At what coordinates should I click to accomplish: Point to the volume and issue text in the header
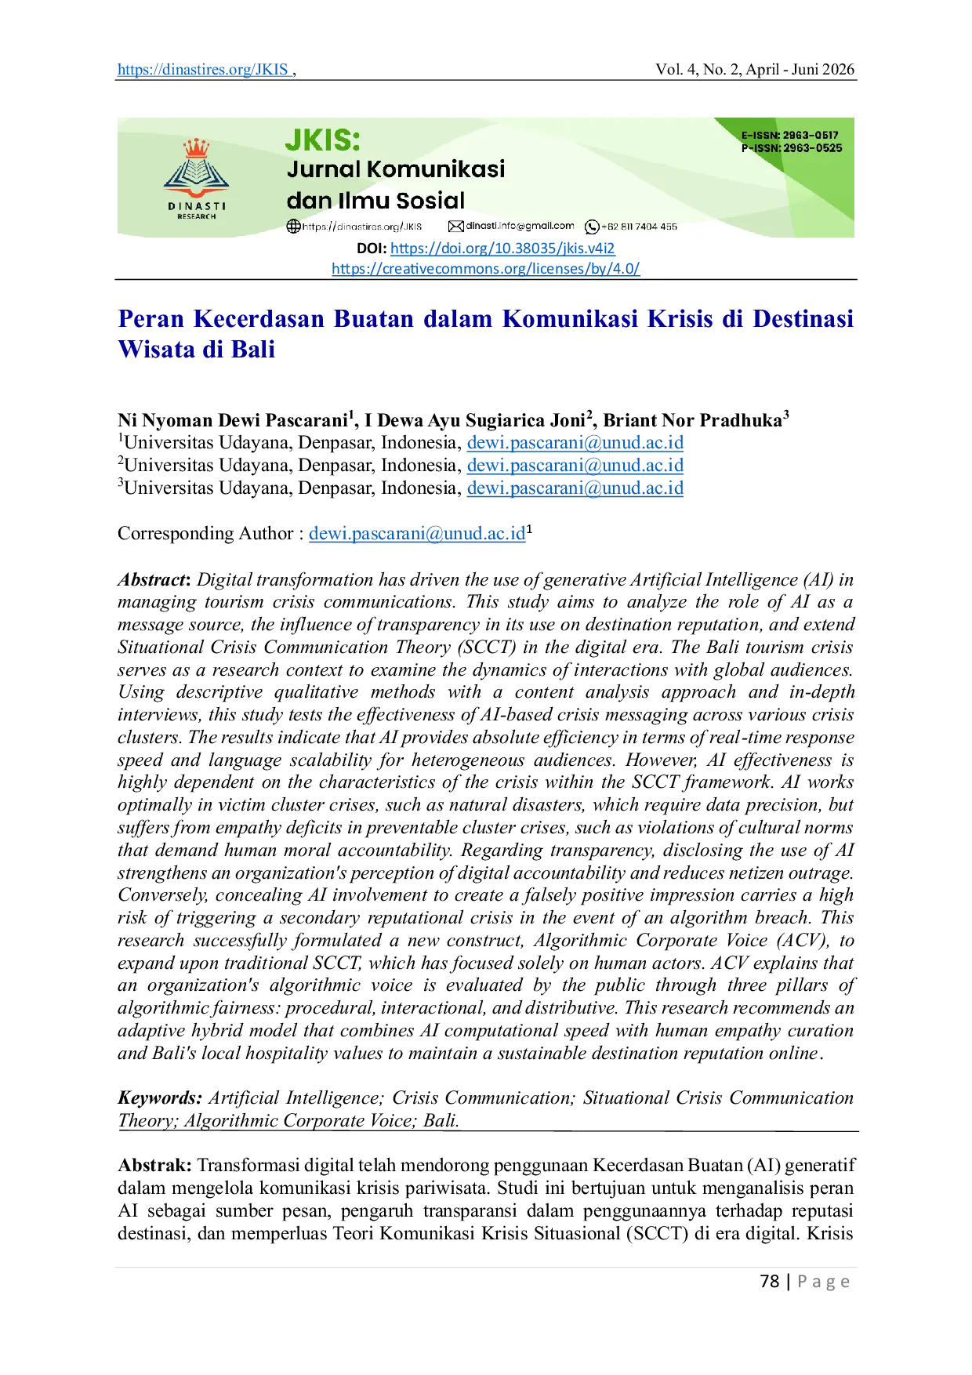point(755,69)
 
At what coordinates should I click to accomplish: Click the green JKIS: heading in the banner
point(322,140)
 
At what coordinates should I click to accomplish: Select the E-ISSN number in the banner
point(790,135)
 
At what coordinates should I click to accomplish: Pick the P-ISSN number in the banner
point(792,147)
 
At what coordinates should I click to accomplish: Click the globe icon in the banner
point(294,227)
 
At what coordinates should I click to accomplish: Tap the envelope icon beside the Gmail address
point(455,227)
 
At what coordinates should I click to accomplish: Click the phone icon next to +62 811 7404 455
point(593,227)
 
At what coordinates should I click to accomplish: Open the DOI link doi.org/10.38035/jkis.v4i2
point(502,249)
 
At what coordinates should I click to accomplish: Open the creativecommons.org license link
point(486,269)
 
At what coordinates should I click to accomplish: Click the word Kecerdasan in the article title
point(259,319)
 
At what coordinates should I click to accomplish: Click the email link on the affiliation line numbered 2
point(575,465)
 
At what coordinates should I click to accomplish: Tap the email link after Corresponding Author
point(417,533)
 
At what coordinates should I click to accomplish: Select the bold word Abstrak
point(154,1165)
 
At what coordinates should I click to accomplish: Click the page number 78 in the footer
point(770,1281)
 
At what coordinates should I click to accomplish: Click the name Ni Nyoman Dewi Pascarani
point(233,420)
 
